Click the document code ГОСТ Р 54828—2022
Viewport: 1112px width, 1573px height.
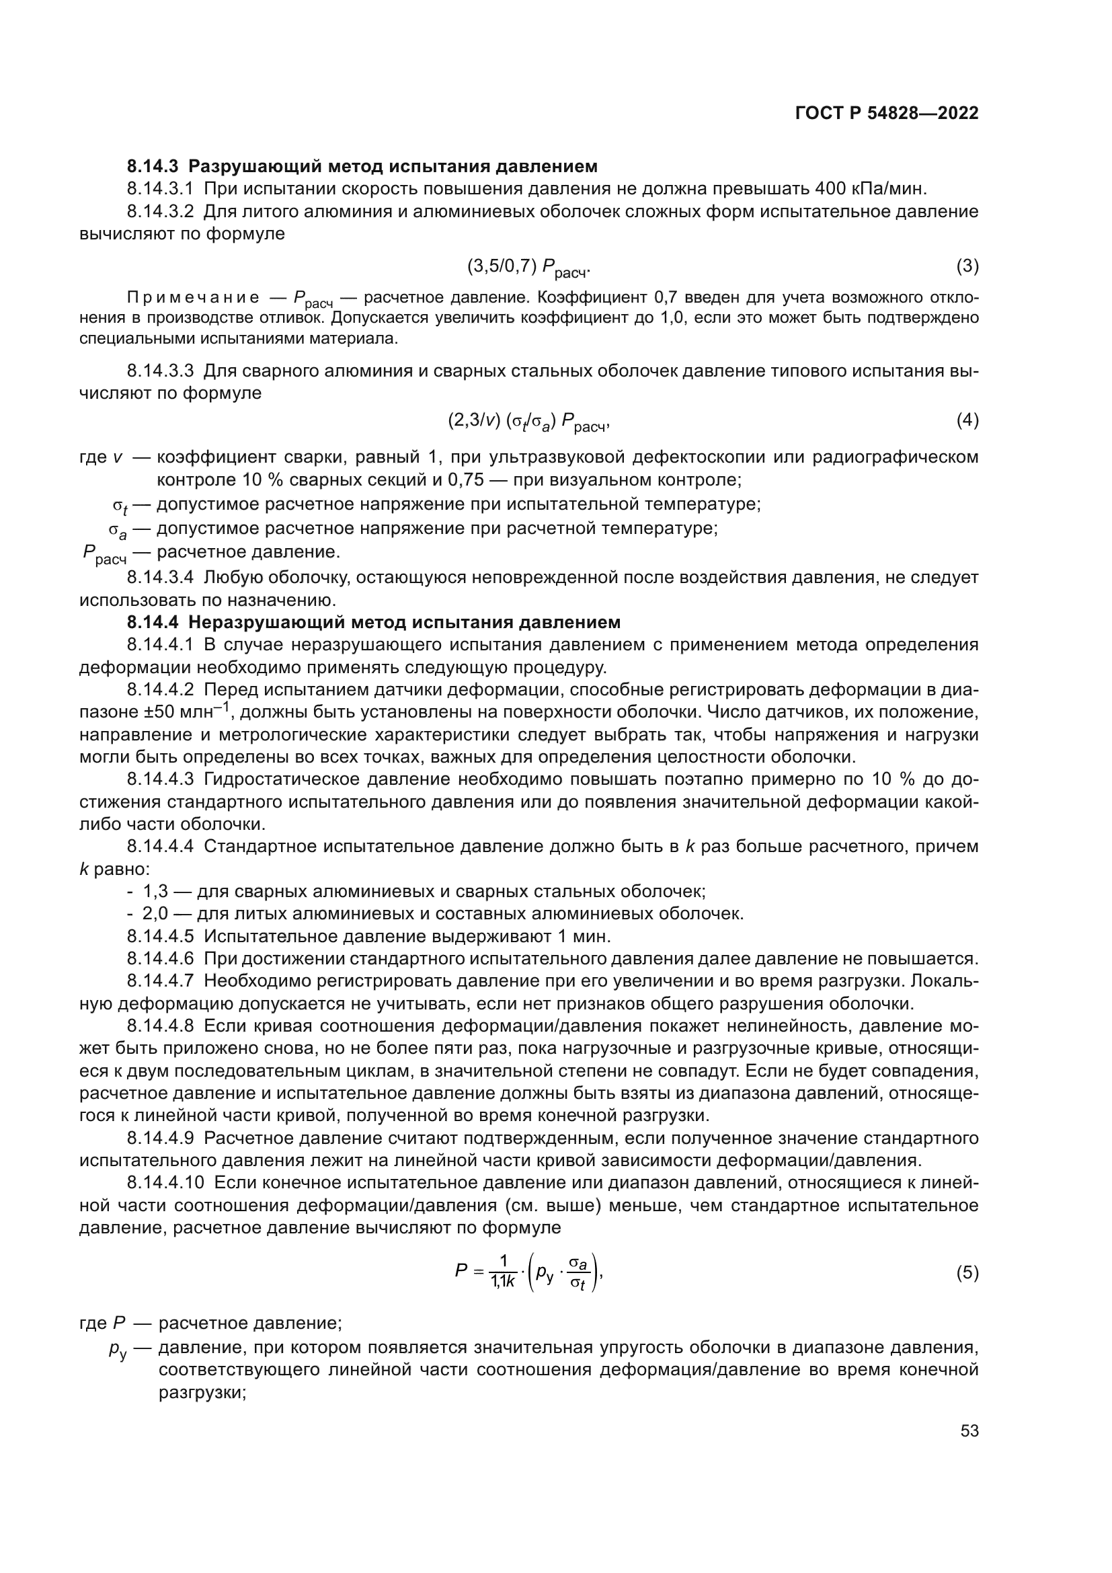887,113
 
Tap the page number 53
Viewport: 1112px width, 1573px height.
969,1430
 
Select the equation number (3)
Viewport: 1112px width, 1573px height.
967,266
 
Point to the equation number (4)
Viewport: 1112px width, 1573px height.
967,420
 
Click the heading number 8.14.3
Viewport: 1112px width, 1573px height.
152,167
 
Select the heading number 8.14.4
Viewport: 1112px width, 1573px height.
152,622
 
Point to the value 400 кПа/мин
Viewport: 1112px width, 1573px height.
871,189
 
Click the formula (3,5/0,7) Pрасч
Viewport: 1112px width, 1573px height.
528,267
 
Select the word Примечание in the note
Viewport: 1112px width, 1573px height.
193,298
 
